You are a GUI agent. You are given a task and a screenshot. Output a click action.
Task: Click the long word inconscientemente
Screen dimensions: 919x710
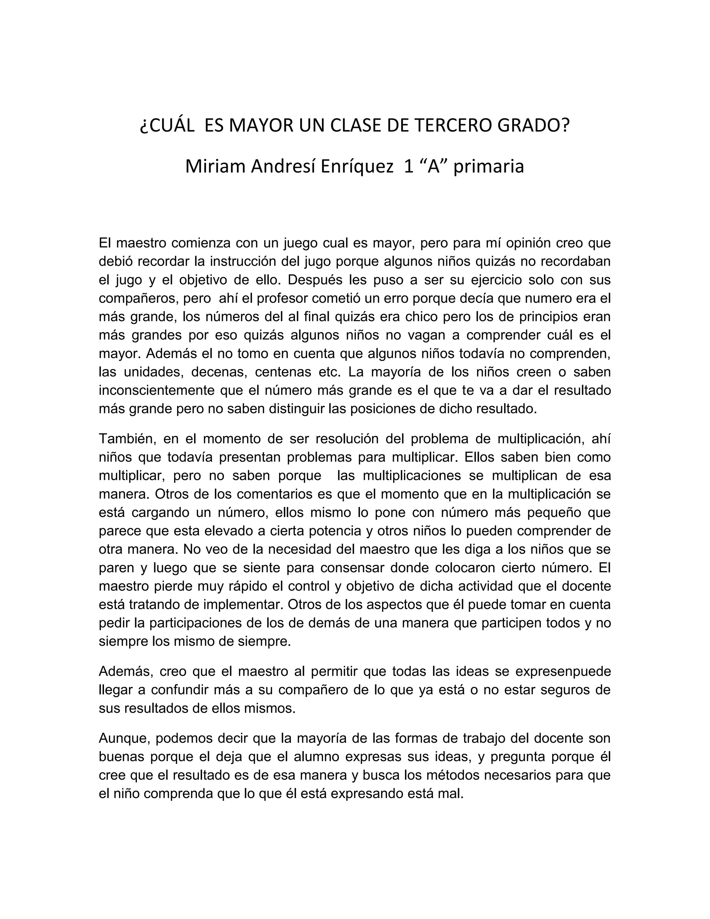coord(156,390)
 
